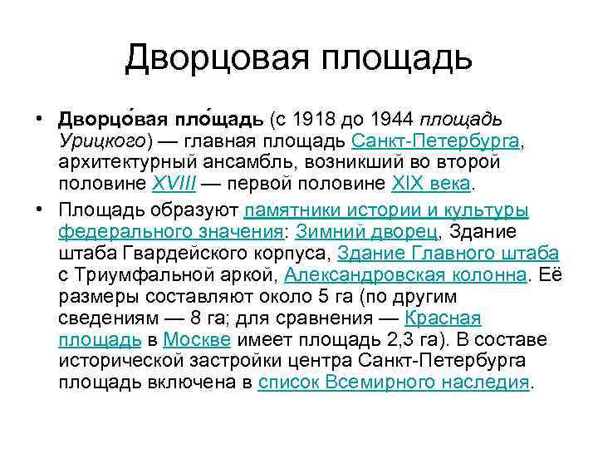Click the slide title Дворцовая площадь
click(299, 58)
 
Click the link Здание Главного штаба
click(448, 253)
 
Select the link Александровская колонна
click(405, 274)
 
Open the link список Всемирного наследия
click(394, 382)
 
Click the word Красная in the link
click(443, 318)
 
